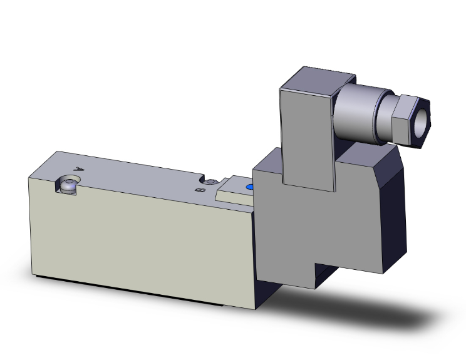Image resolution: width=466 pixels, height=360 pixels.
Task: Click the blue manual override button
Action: click(250, 187)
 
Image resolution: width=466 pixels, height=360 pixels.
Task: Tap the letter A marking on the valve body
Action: click(78, 168)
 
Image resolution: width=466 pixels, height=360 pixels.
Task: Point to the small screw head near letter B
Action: click(212, 182)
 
